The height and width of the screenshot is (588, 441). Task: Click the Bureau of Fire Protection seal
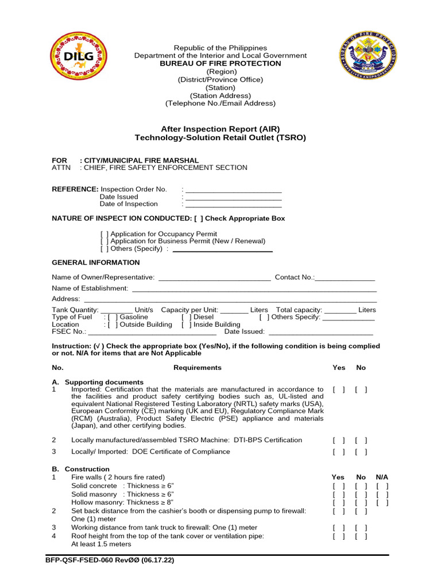point(368,56)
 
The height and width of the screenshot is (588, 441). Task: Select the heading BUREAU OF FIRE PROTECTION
point(220,64)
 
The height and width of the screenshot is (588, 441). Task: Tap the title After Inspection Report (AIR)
point(220,129)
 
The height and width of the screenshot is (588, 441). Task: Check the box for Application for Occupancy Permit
point(104,234)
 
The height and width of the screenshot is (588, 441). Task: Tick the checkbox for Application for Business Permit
point(104,242)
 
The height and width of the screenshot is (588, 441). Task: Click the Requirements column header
point(197,367)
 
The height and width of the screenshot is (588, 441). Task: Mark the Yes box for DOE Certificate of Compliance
point(338,452)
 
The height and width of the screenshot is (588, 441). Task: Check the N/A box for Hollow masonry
point(382,502)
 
